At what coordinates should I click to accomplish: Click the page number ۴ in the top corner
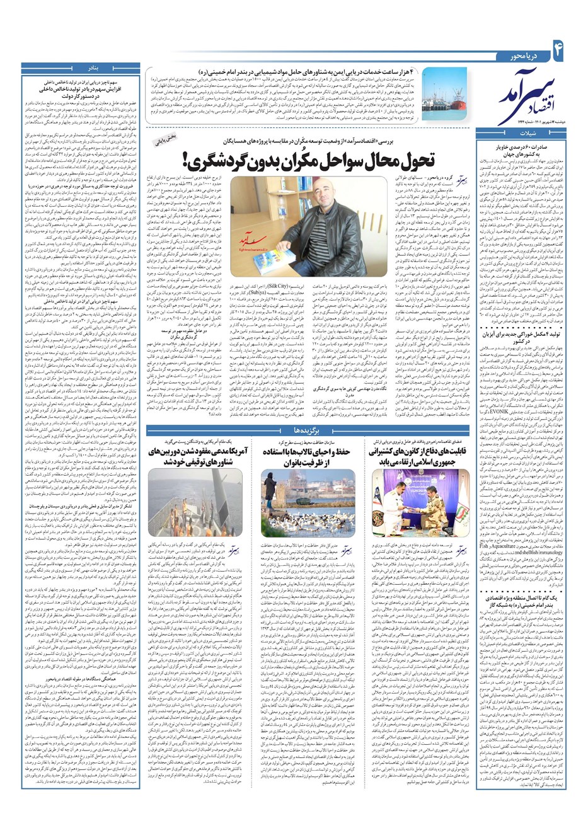557,47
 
